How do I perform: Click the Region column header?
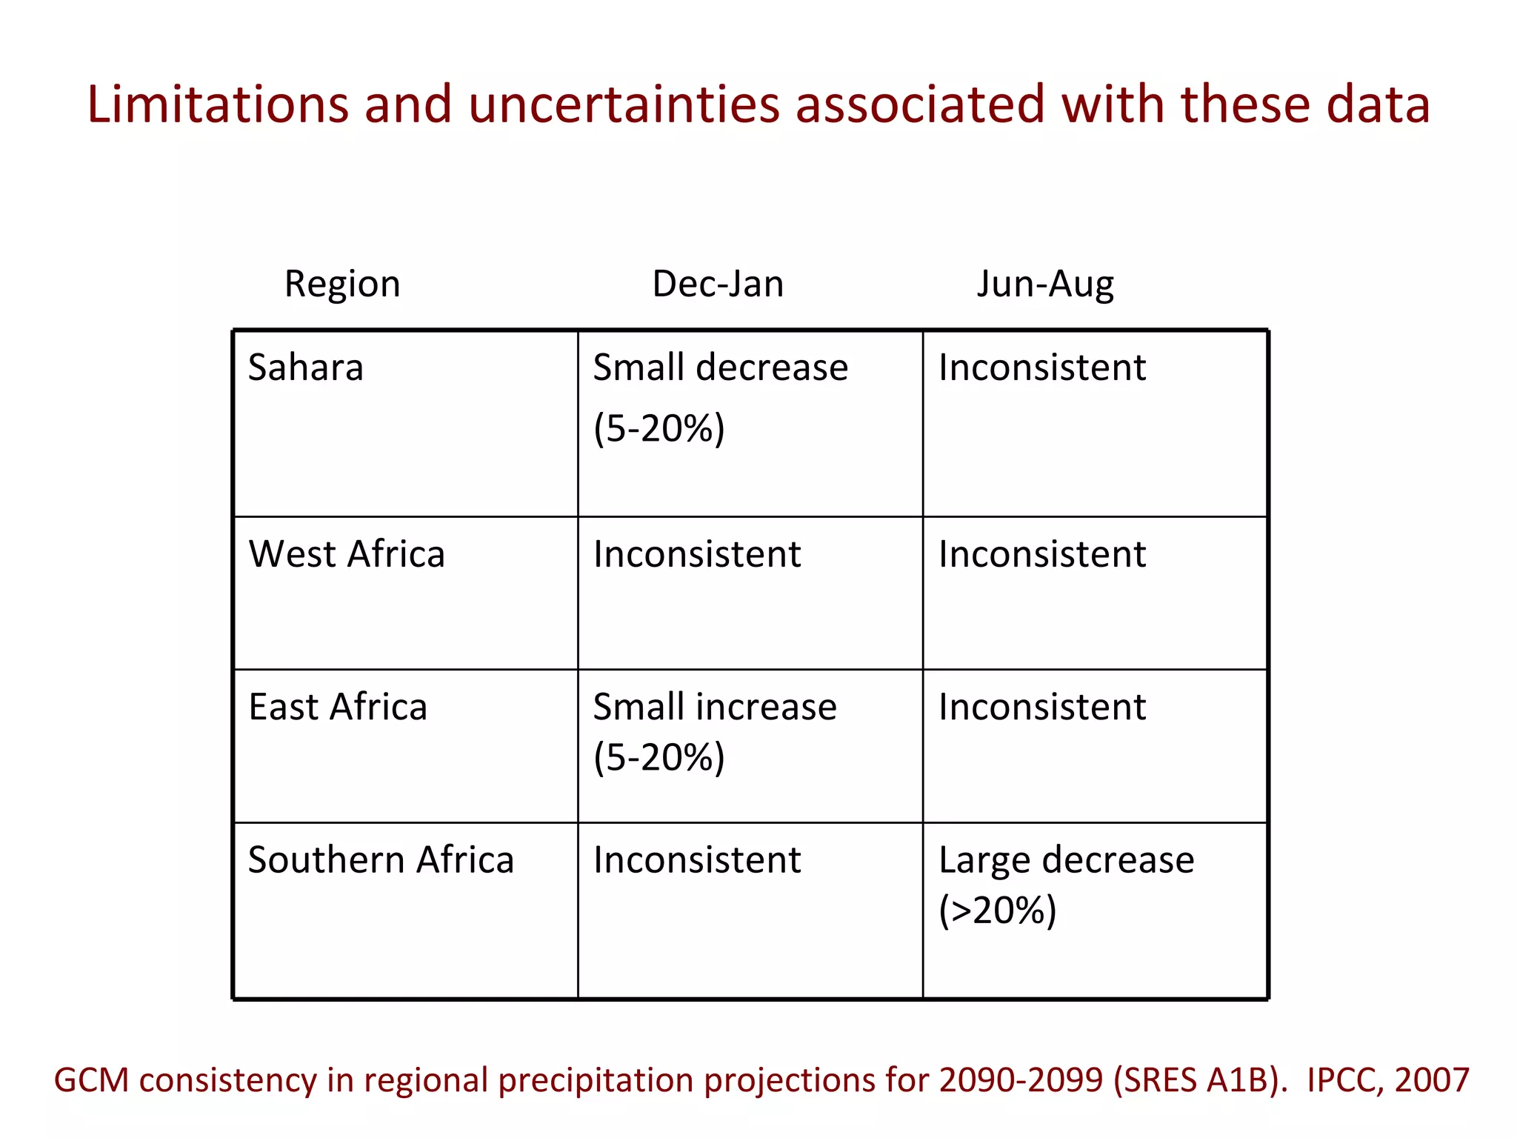342,284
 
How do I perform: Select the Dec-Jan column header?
718,284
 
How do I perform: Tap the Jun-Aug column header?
1045,284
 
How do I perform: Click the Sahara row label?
306,368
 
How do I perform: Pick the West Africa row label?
347,555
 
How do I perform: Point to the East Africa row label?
338,708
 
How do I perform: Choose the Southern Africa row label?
381,861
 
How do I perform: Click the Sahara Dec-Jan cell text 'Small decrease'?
721,368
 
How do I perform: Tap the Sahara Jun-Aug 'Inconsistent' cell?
1042,368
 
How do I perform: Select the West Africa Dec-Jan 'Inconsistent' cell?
697,555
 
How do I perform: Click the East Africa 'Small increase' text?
715,708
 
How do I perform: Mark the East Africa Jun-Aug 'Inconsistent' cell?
1042,708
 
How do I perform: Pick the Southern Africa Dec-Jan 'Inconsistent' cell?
697,861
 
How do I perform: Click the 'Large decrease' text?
1067,861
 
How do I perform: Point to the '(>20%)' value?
997,911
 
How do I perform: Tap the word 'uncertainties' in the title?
624,104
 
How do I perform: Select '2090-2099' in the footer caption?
1021,1081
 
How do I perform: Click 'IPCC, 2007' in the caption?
1388,1081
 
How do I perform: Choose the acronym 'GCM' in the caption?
92,1081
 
